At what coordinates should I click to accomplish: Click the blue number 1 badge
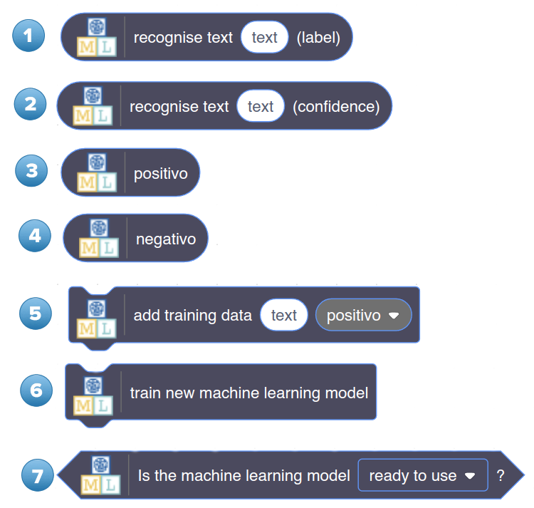[x=28, y=36]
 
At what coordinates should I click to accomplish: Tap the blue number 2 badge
[x=31, y=105]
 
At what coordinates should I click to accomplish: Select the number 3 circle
[x=31, y=171]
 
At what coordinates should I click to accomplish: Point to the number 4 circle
[x=35, y=235]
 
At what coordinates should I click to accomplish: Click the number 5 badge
[x=36, y=313]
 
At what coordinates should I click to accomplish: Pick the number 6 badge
[x=36, y=390]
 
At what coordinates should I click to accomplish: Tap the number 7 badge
[x=38, y=475]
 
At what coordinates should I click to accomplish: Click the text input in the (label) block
[x=264, y=37]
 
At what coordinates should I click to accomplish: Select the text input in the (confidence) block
[x=261, y=106]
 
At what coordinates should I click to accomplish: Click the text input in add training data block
[x=283, y=315]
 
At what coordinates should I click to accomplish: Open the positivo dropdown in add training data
[x=363, y=315]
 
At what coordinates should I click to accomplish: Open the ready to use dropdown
[x=422, y=475]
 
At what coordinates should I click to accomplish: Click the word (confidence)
[x=336, y=106]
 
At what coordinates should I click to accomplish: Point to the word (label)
[x=318, y=37]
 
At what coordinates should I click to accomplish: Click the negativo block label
[x=166, y=239]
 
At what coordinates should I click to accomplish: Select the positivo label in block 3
[x=161, y=173]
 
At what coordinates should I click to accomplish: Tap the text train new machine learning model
[x=249, y=393]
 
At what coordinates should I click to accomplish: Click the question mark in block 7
[x=501, y=475]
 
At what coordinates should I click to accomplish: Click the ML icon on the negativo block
[x=98, y=238]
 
